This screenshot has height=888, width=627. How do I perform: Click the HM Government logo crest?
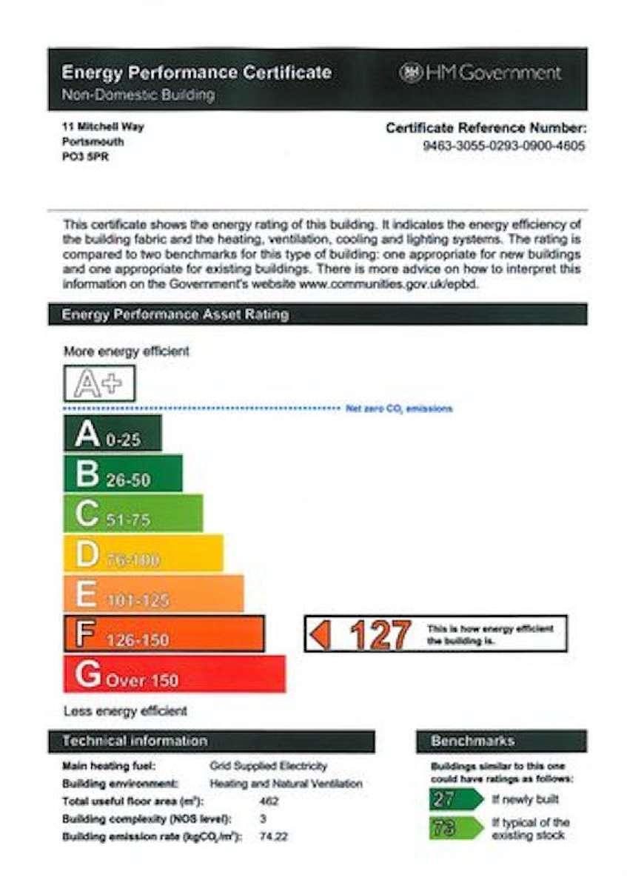pos(411,73)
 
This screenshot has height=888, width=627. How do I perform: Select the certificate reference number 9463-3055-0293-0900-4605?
pos(503,146)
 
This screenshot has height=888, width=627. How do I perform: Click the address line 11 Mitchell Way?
pos(104,127)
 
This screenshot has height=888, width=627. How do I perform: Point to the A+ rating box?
pos(99,383)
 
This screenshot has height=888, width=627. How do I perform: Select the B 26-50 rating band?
pos(122,474)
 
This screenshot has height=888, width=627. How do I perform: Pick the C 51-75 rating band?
pos(133,514)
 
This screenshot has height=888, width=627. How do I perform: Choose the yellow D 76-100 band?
pos(143,554)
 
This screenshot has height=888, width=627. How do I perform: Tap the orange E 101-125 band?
pos(153,593)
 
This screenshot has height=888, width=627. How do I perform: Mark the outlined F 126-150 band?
pos(164,634)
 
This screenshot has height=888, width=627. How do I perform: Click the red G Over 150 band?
pos(174,674)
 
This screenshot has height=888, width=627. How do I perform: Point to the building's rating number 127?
pos(380,634)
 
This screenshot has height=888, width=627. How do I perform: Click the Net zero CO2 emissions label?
pos(399,408)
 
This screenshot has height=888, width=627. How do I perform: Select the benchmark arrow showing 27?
pos(455,799)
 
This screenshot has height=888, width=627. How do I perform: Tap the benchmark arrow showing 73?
pos(455,828)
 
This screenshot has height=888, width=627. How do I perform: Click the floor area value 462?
pos(270,801)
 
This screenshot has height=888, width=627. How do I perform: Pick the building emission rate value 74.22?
pos(274,836)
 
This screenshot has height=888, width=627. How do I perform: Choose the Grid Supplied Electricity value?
pos(268,766)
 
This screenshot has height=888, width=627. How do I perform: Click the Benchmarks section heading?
pos(472,741)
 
